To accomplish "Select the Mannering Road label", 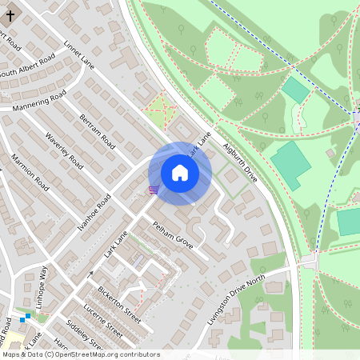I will click(x=39, y=102).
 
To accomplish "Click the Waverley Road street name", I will click(x=64, y=150).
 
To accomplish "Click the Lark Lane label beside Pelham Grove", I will click(x=116, y=244).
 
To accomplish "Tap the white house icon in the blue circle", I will click(x=180, y=173).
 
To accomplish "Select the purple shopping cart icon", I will click(x=153, y=190).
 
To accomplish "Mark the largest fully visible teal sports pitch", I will click(x=290, y=163).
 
